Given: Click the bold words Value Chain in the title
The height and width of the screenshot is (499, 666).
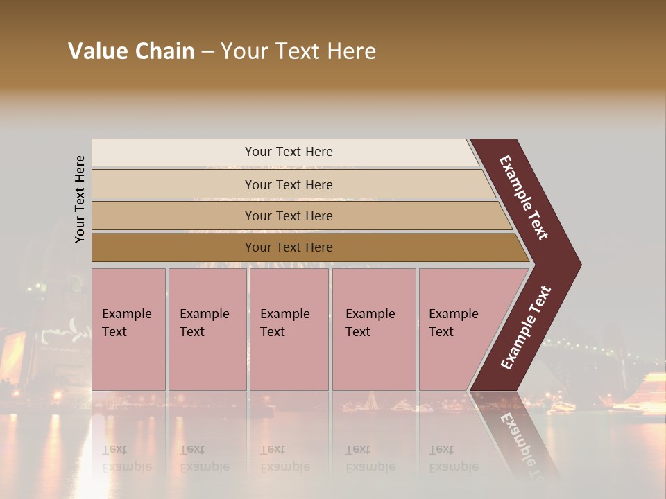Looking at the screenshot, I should coord(131,51).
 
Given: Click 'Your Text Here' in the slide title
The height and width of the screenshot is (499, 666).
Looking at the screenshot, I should coord(298,51).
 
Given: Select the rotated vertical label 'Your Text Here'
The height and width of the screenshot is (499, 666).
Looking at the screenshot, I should coord(80,199).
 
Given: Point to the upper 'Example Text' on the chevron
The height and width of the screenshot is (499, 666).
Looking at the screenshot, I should coord(524,198).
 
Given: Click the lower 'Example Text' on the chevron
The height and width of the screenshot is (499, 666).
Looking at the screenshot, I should coord(526,328).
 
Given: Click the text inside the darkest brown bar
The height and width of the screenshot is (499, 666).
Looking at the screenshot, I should coord(289,247).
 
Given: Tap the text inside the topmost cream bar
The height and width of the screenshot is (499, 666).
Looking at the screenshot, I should coord(289,152).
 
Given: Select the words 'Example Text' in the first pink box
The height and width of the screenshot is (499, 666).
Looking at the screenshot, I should coord(126,323).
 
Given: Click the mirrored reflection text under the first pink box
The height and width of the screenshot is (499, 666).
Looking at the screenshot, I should coord(126,457).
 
